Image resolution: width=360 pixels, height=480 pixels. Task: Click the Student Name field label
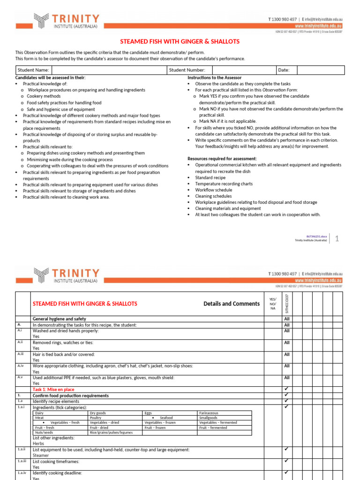click(x=33, y=70)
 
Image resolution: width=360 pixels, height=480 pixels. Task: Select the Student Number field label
click(x=187, y=70)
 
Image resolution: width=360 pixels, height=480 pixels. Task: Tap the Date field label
click(x=284, y=70)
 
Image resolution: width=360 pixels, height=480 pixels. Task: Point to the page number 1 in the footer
click(x=337, y=239)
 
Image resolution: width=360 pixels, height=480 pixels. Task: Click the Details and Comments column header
click(x=231, y=304)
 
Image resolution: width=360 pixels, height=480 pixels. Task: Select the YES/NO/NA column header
click(x=273, y=303)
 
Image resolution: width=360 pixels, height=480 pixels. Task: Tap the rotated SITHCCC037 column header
click(x=287, y=303)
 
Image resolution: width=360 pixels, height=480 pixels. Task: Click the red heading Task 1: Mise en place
click(x=53, y=390)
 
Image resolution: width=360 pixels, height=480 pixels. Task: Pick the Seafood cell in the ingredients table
click(x=166, y=418)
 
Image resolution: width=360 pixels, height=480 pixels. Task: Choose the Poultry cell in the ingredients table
click(x=96, y=418)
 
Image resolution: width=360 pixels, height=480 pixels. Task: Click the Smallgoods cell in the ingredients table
click(x=208, y=418)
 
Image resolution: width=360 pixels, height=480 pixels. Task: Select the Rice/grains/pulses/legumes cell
click(x=111, y=433)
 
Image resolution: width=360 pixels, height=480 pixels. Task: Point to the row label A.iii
click(x=20, y=354)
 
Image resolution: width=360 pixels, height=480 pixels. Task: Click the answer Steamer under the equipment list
click(x=41, y=455)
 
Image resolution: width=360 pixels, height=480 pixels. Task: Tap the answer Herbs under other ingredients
click(x=38, y=443)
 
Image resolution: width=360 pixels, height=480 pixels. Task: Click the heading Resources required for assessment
click(x=222, y=159)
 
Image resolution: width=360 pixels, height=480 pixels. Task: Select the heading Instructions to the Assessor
click(x=215, y=77)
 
